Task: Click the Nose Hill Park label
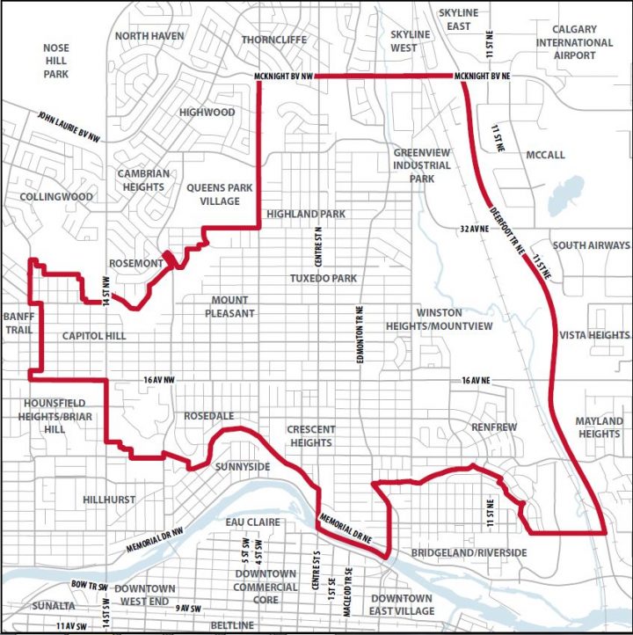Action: (x=55, y=61)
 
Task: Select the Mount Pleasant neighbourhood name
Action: (x=230, y=306)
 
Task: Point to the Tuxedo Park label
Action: (x=323, y=279)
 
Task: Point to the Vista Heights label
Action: (x=594, y=336)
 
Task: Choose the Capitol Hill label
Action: (x=93, y=336)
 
